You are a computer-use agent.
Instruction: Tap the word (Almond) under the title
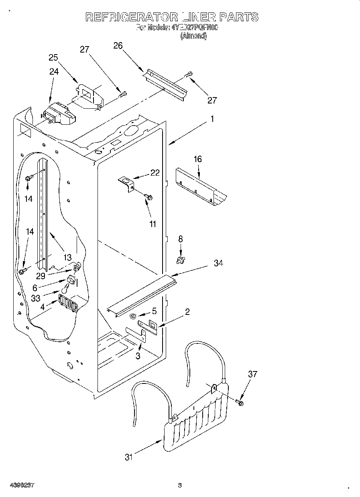193,36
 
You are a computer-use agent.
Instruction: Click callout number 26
118,46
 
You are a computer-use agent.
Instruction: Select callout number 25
53,57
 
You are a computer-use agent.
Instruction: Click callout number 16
197,159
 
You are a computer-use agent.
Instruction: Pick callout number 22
155,173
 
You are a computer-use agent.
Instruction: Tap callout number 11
153,224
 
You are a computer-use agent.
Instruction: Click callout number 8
180,239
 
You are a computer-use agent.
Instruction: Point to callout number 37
252,374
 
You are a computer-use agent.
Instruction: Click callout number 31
128,457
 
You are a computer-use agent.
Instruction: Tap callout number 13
67,257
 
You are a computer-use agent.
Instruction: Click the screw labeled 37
240,402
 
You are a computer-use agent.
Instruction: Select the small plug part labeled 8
180,261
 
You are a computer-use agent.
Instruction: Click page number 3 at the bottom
180,486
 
